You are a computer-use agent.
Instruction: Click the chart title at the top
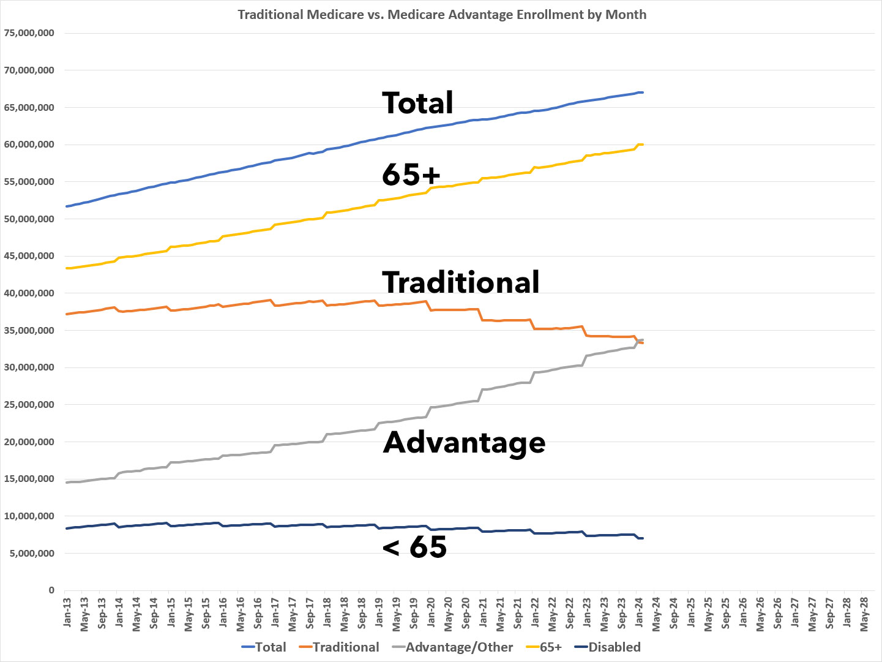coord(442,14)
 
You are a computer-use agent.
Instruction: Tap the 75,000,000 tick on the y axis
coord(29,33)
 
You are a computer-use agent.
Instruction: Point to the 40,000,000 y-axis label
coord(29,293)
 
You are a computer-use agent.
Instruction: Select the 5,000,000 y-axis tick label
coord(32,554)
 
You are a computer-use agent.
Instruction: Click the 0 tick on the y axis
coord(51,590)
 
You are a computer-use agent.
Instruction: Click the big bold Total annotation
coord(417,103)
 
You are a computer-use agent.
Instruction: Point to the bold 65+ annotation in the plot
coord(411,175)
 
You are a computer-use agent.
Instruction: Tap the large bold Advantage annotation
coord(464,442)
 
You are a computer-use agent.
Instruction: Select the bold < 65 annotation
coord(414,546)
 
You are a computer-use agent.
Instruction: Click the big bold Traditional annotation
coord(460,282)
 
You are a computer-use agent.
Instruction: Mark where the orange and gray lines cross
coord(638,342)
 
